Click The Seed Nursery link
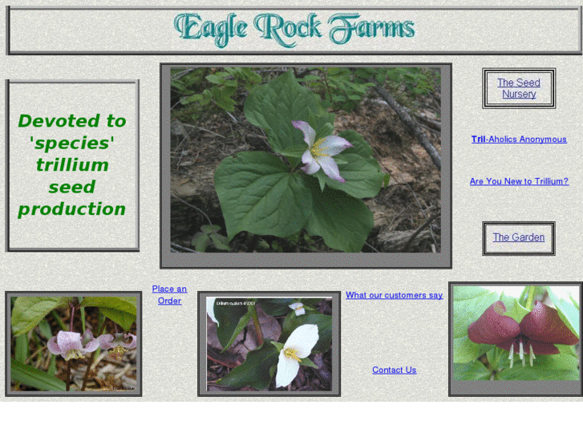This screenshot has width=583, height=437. (518, 88)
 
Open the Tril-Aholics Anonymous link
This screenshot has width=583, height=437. (519, 140)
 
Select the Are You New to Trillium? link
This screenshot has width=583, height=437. (519, 181)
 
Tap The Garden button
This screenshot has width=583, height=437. (518, 237)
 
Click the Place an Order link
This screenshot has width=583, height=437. (169, 295)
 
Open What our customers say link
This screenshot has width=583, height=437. (394, 295)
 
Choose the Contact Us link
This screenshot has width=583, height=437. (394, 370)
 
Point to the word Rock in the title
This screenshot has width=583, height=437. (288, 29)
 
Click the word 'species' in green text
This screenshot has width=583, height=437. (72, 144)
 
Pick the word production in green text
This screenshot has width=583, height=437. (72, 209)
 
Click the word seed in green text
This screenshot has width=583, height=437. (72, 188)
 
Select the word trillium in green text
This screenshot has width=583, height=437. (72, 165)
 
